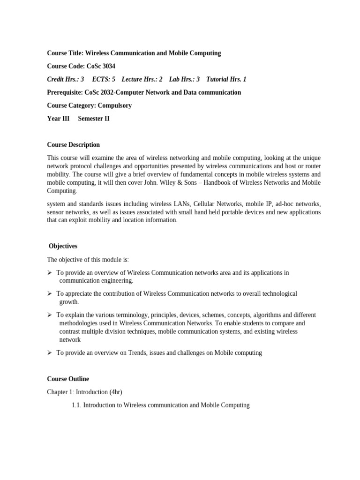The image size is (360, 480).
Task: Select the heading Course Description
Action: [74, 145]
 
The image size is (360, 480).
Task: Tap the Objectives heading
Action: [63, 246]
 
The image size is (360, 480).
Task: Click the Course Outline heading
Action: [68, 379]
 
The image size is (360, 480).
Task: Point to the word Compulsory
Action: [115, 105]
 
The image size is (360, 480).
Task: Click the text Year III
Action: [58, 119]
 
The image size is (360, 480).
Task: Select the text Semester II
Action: [94, 119]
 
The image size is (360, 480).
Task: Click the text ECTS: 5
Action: [104, 79]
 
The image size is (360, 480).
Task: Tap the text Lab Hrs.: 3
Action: [184, 79]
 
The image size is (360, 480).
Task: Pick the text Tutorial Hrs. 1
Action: [226, 79]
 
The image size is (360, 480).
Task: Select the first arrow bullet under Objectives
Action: [50, 272]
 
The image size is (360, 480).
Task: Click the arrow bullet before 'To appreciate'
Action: [50, 293]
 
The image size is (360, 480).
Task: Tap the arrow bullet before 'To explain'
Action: [50, 315]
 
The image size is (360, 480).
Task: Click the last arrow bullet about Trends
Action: [50, 352]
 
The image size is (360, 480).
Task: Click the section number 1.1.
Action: [76, 405]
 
